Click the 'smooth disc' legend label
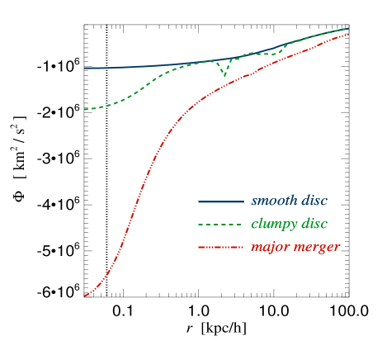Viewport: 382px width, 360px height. click(x=289, y=201)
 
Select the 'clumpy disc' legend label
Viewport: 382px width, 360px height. click(x=289, y=225)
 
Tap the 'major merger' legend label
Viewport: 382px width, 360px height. click(x=295, y=247)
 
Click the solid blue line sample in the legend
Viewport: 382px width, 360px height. click(x=220, y=201)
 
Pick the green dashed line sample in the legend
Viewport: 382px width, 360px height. click(x=220, y=225)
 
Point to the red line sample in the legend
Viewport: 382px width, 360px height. click(x=220, y=247)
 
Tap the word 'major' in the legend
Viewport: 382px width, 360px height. click(x=268, y=248)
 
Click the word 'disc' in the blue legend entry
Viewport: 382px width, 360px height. click(x=315, y=201)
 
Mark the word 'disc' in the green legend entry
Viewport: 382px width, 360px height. click(x=315, y=225)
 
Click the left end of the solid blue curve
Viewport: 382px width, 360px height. click(x=85, y=68)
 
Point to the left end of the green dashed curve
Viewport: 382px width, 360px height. click(x=85, y=109)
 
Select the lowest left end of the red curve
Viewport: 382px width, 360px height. click(x=84, y=296)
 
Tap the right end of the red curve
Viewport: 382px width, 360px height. click(x=349, y=34)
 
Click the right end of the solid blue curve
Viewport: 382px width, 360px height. click(x=348, y=28)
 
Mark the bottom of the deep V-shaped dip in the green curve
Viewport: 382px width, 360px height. click(x=224, y=76)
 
